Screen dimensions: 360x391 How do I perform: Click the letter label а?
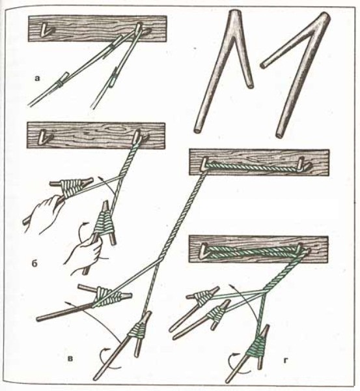[x=37, y=79]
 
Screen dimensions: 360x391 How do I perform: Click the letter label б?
[x=35, y=264]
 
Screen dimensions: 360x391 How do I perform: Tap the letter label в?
[x=71, y=358]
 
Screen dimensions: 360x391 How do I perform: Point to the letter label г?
[x=287, y=360]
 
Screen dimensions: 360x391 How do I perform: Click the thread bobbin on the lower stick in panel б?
[x=104, y=222]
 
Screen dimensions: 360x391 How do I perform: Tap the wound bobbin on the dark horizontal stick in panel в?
[x=107, y=297]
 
